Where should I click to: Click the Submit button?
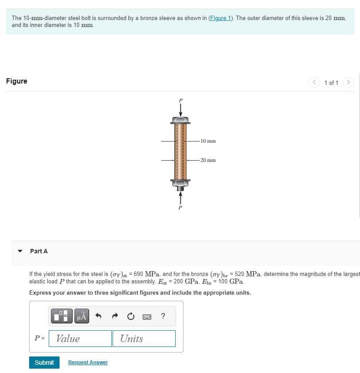pyautogui.click(x=44, y=363)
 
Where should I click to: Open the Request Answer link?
pyautogui.click(x=88, y=363)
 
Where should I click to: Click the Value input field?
pyautogui.click(x=80, y=339)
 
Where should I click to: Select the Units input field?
pyautogui.click(x=144, y=339)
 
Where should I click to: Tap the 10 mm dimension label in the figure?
pyautogui.click(x=208, y=141)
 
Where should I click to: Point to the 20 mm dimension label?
pyautogui.click(x=208, y=160)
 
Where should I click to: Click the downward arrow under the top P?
pyautogui.click(x=180, y=110)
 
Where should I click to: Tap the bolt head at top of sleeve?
pyautogui.click(x=180, y=120)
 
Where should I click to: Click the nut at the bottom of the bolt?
pyautogui.click(x=180, y=185)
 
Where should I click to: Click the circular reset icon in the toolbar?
pyautogui.click(x=130, y=316)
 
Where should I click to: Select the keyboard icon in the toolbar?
pyautogui.click(x=147, y=316)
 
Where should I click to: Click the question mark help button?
pyautogui.click(x=163, y=316)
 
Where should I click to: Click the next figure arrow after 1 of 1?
pyautogui.click(x=348, y=82)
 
